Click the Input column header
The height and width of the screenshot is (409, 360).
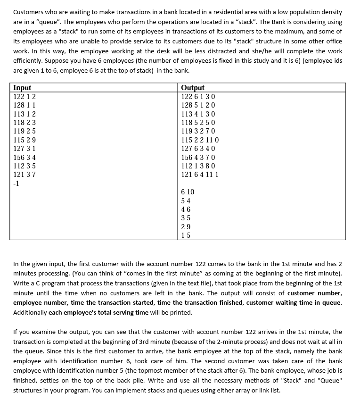[23, 88]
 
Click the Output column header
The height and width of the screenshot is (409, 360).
[193, 88]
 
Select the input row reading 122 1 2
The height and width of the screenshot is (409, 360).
[25, 97]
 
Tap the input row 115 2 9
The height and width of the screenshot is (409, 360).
[25, 140]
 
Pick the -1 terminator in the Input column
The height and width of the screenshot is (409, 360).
[16, 184]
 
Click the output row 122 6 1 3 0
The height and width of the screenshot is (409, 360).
[198, 97]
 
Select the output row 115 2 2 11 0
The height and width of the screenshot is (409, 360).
[200, 140]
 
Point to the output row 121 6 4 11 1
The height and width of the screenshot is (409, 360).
[200, 175]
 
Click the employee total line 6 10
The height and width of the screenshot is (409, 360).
[188, 192]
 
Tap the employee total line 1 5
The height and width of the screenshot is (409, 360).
[186, 235]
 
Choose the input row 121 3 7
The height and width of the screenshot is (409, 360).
[25, 175]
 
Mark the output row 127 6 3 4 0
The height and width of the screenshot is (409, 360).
[198, 149]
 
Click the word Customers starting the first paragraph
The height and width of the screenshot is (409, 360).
[29, 12]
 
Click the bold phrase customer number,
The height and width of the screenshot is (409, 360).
[315, 293]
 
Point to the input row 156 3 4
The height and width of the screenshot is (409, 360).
[25, 158]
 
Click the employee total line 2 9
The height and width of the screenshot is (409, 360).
[186, 226]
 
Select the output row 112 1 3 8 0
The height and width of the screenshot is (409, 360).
[198, 166]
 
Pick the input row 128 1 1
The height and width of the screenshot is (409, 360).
[25, 105]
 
